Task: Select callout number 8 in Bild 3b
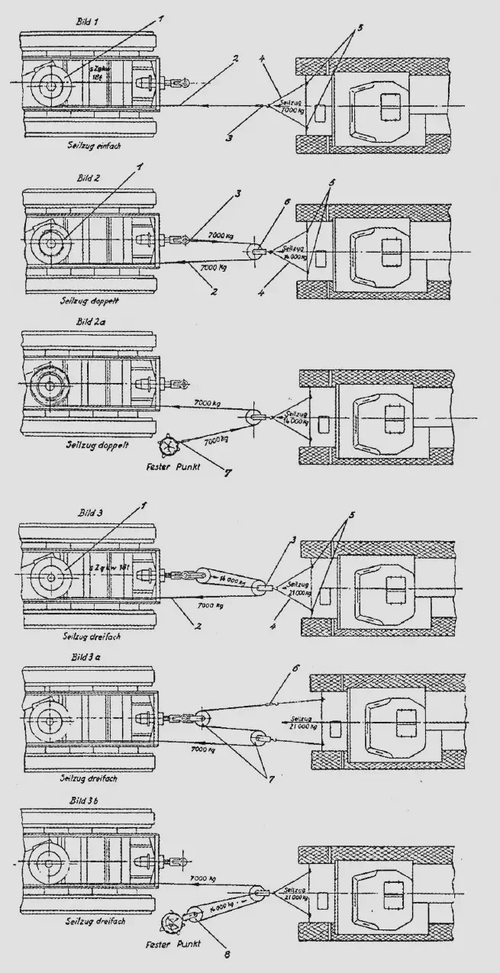[x=227, y=952]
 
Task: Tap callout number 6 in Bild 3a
[x=292, y=669]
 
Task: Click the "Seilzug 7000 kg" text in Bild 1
[x=291, y=108]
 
